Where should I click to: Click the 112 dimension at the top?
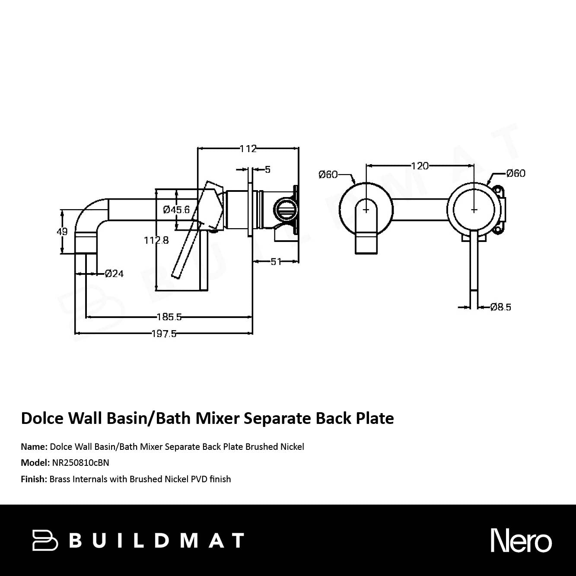pos(248,149)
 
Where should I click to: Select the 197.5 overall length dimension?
pos(164,334)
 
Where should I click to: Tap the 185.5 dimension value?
pos(169,317)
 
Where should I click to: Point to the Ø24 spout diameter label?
pos(114,274)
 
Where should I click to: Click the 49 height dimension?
pos(62,232)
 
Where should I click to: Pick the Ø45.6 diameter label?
pos(176,210)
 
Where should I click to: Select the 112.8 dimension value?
pos(156,240)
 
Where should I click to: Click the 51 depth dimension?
pos(276,261)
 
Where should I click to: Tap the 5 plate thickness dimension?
pos(267,169)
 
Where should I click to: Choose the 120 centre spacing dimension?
pos(420,166)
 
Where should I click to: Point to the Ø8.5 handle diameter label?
pos(501,307)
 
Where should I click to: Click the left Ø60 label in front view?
pos(328,175)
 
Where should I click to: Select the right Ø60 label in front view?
pos(516,173)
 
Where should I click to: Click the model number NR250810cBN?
pos(80,463)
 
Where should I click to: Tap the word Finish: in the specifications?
pos(34,479)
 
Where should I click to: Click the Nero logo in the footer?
pos(521,541)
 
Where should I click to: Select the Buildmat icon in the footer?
pos(45,541)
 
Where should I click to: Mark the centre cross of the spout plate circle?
pos(366,210)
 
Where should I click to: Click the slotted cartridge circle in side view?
pos(286,210)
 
